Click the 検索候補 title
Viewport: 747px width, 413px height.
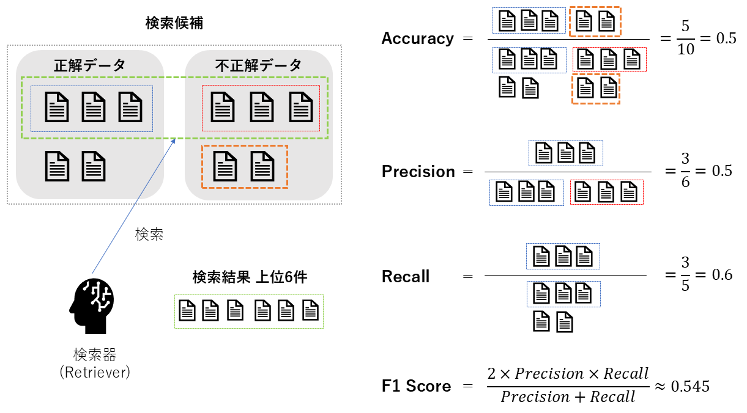tap(174, 24)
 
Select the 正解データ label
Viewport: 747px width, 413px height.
tap(89, 65)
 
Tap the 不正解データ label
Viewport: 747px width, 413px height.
tap(258, 65)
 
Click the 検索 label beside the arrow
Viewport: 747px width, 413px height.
tap(149, 235)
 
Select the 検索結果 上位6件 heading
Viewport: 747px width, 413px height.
tap(249, 277)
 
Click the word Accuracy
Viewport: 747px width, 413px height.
tap(417, 38)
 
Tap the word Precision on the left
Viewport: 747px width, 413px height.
tap(418, 172)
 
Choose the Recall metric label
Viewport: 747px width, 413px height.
tap(406, 277)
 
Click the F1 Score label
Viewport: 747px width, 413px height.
tap(416, 386)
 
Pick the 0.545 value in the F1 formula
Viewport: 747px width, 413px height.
tap(690, 386)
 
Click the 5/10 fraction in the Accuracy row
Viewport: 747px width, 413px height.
tap(686, 38)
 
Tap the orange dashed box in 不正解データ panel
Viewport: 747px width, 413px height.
tap(244, 167)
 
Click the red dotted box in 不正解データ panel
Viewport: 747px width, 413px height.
tap(261, 108)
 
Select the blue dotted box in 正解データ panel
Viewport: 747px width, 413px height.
tap(92, 108)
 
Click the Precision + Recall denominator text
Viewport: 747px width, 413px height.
tap(568, 397)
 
